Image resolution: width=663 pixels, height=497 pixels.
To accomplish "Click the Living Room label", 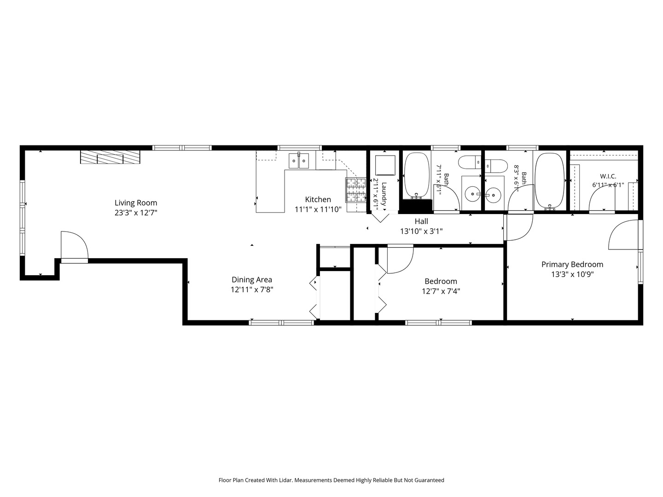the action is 136,203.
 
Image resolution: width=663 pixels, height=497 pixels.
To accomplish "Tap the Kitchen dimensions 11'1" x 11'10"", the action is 318,209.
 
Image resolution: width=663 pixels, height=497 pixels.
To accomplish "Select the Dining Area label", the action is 251,280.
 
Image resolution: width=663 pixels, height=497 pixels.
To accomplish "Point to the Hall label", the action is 421,221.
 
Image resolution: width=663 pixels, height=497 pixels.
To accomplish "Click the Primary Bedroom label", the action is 572,265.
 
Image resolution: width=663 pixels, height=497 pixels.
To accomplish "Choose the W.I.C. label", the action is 608,176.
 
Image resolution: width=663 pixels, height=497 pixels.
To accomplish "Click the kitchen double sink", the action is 299,161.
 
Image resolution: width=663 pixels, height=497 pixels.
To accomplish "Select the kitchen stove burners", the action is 356,190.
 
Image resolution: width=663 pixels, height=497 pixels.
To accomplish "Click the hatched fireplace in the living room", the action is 110,157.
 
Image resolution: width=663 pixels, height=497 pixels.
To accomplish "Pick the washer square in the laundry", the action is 385,165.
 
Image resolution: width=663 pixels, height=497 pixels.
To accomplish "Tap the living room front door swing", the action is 75,245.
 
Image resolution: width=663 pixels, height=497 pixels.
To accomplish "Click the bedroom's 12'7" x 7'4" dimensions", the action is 441,291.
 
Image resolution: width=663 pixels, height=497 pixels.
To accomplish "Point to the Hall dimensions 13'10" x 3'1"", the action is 421,231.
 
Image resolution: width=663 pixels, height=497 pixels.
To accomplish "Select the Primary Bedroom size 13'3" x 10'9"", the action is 572,274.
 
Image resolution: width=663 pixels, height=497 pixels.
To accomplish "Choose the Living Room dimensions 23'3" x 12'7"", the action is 136,213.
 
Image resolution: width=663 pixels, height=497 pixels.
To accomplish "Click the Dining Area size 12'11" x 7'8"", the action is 251,290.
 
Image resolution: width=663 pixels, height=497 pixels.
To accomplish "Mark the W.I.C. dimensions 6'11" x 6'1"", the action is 608,185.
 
